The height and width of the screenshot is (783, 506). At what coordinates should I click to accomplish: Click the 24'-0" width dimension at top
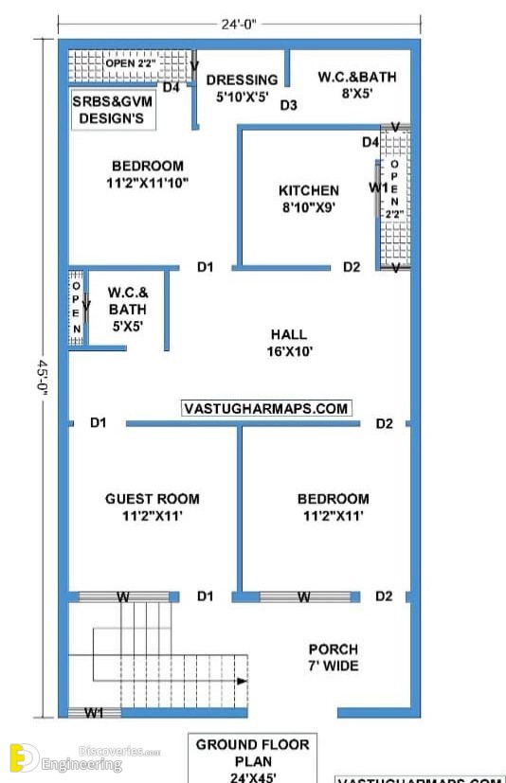[239, 24]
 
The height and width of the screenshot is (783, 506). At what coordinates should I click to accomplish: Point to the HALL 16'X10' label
[290, 343]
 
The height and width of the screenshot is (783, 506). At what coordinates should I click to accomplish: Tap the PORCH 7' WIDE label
[333, 657]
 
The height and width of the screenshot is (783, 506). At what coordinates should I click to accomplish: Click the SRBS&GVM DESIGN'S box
[113, 110]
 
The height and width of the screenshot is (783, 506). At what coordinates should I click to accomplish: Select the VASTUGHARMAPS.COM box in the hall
[266, 408]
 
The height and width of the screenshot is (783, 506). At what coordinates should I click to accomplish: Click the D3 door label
[288, 105]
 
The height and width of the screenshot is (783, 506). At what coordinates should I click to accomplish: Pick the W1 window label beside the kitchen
[378, 187]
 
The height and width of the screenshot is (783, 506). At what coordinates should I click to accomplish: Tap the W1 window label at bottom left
[94, 713]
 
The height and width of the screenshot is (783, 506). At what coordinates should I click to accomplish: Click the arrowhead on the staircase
[242, 681]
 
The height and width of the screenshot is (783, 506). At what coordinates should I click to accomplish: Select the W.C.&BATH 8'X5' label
[357, 85]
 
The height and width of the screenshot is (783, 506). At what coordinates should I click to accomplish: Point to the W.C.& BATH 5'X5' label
[128, 309]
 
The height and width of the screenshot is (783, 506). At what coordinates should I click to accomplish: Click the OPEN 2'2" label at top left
[131, 63]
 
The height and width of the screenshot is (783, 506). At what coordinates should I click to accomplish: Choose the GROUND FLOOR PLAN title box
[252, 759]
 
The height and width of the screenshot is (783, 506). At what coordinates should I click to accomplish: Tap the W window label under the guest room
[123, 596]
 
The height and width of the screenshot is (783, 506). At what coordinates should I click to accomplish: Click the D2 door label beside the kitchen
[352, 267]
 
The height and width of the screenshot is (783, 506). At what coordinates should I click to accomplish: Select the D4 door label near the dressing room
[171, 87]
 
